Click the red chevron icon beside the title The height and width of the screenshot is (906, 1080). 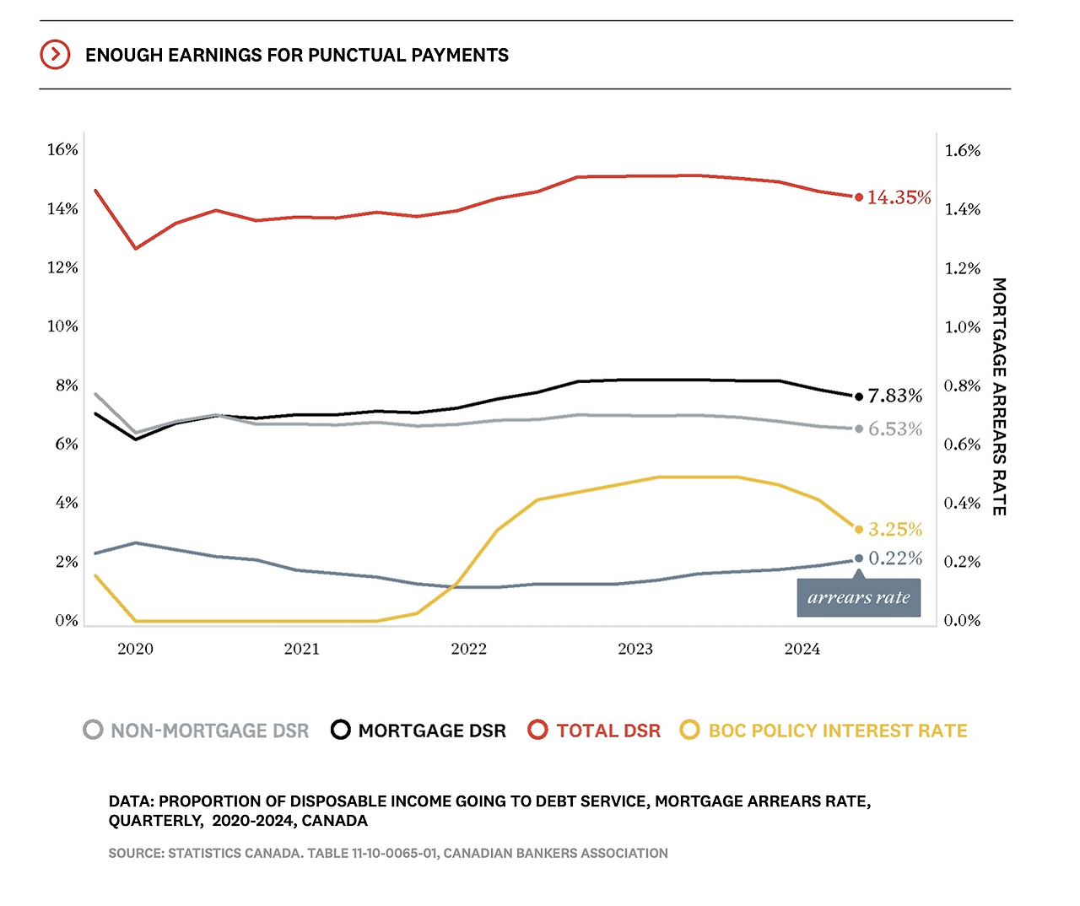tap(55, 55)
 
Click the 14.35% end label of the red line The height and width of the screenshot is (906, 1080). tap(899, 197)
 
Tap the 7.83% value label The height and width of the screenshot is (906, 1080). tap(895, 396)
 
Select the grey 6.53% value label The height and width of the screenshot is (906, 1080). tap(895, 429)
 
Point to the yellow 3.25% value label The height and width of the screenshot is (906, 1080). tap(895, 530)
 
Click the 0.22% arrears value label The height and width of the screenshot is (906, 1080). tap(895, 558)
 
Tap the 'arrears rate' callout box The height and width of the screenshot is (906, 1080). tap(859, 597)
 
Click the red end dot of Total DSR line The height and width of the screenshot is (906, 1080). tap(859, 197)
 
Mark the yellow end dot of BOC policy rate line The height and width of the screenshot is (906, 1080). tap(859, 530)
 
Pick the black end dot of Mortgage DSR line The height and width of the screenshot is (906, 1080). tap(859, 396)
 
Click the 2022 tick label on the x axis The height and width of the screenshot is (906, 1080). tap(468, 649)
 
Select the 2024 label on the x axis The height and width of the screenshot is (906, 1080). tap(802, 649)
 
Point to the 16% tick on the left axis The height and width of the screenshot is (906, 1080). tap(62, 150)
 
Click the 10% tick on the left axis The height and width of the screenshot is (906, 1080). tap(62, 326)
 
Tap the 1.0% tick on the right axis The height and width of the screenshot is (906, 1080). tap(963, 327)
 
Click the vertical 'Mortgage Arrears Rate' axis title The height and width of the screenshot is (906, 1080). tap(999, 396)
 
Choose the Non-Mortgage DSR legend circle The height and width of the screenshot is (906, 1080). tap(93, 730)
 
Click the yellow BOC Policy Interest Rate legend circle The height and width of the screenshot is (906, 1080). tap(690, 730)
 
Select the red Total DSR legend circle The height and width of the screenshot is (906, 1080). tap(537, 730)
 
